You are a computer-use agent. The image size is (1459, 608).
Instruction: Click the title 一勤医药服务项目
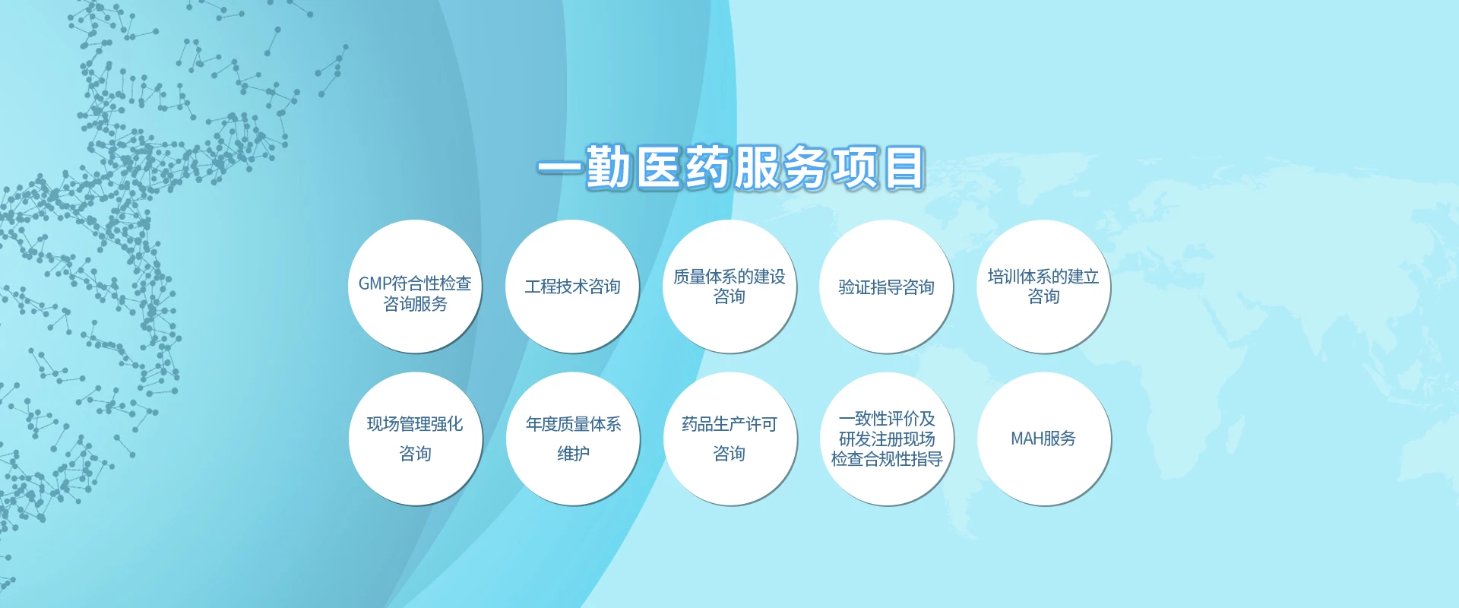(731, 167)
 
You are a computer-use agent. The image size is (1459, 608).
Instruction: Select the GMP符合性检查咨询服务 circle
(415, 287)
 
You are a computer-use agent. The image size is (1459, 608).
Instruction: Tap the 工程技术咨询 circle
(572, 287)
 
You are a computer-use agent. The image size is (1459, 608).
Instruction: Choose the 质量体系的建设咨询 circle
(729, 287)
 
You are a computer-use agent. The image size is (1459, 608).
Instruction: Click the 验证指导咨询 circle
(886, 287)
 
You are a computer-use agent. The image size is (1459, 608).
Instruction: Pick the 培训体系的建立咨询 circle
(1043, 287)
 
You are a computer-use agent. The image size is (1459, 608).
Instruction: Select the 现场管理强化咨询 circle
(416, 439)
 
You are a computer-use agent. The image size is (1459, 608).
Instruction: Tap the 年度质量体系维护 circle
(573, 439)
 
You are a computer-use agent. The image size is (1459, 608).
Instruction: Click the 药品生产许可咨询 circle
(730, 439)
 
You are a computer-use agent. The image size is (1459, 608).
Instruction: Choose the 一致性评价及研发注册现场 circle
(887, 439)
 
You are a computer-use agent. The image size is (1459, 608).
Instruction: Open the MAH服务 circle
(1044, 439)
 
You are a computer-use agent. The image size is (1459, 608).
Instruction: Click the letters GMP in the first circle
(375, 283)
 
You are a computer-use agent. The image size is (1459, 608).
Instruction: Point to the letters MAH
(1027, 439)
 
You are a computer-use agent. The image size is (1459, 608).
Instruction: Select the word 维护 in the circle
(573, 454)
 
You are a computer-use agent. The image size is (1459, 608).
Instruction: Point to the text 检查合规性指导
(887, 459)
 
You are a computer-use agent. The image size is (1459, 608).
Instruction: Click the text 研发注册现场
(887, 439)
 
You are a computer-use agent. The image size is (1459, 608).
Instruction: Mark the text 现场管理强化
(415, 424)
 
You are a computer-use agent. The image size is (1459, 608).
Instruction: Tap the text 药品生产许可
(729, 424)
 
